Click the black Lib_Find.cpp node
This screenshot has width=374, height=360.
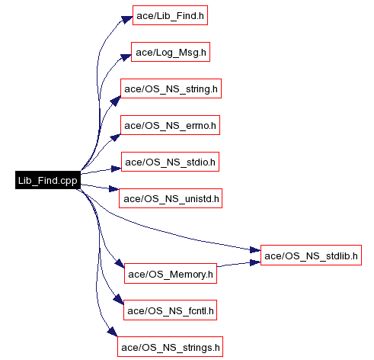48,180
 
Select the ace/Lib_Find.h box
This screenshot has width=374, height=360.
170,15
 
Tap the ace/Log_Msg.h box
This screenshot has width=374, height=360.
171,52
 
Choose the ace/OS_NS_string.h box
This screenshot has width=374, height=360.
171,88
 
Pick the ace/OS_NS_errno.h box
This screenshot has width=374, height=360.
170,125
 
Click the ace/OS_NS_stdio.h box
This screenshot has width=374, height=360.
170,162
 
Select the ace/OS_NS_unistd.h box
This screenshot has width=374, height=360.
171,198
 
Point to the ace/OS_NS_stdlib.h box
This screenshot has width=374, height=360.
311,256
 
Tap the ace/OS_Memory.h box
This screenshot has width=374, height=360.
171,274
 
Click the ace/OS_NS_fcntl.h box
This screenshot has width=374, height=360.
170,310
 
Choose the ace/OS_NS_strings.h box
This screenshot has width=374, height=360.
170,347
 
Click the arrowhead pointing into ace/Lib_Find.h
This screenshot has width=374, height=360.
127,19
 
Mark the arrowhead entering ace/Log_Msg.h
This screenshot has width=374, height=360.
126,57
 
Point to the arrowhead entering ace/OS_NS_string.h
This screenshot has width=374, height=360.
116,101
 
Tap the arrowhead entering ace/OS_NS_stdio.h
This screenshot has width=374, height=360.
117,169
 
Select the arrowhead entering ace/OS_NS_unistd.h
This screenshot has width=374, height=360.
114,188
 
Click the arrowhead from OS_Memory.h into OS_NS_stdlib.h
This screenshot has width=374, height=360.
255,262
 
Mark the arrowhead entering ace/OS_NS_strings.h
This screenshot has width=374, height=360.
113,332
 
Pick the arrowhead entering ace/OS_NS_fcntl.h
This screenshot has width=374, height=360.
119,299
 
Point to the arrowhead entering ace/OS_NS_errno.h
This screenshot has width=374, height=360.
116,137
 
